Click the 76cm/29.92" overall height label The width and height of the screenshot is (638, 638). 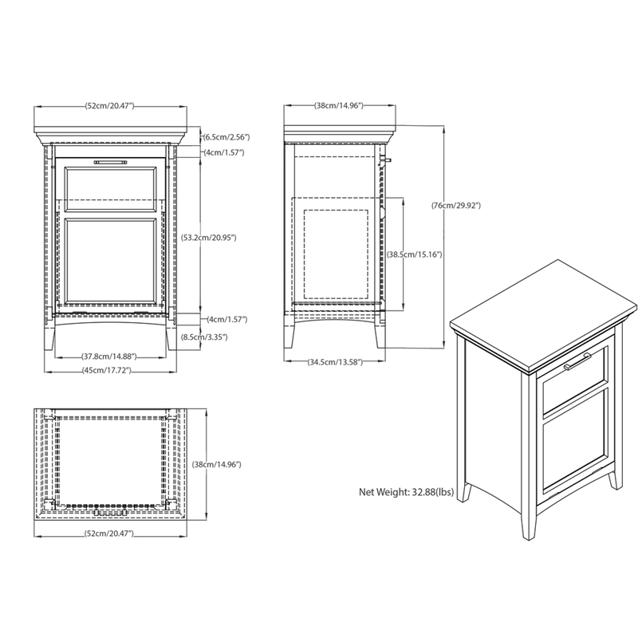pos(455,206)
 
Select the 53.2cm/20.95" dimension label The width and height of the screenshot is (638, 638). pos(208,238)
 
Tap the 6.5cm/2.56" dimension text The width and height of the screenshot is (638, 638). pos(226,137)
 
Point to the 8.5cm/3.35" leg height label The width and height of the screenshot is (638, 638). pos(204,337)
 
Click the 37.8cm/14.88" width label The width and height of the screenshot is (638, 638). pos(109,356)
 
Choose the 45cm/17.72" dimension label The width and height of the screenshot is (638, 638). pos(106,370)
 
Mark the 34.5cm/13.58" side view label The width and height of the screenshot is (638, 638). pos(335,362)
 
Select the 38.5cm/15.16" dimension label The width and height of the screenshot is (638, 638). pos(414,254)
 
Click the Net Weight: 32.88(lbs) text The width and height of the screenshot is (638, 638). pos(406,492)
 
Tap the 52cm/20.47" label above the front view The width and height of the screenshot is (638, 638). pos(109,106)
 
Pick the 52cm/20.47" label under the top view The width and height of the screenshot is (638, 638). pos(108,534)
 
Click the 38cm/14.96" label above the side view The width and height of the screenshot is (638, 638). pos(338,106)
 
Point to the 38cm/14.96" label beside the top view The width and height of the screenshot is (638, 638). pos(216,464)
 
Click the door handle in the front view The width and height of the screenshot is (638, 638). pos(110,163)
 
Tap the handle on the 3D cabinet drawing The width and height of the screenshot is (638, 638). pos(577,362)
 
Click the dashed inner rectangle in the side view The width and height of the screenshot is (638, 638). pos(336,254)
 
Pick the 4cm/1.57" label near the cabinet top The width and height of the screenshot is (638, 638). pos(224,152)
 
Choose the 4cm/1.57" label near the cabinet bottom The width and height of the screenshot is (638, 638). pos(226,320)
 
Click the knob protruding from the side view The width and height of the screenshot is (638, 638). pos(386,160)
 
